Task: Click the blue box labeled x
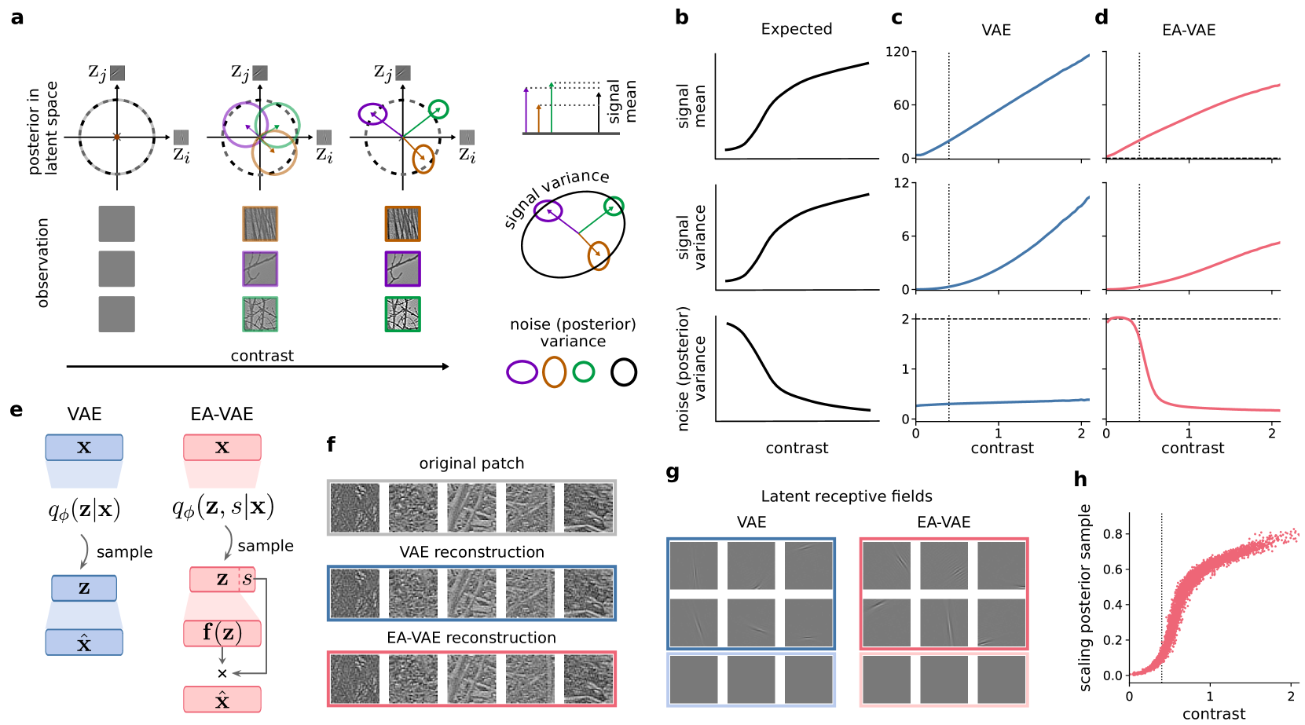(84, 447)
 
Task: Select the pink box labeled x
(222, 447)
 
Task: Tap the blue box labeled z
(84, 588)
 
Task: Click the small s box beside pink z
(247, 580)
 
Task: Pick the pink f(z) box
(222, 633)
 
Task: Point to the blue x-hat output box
(84, 643)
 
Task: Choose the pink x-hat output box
(222, 699)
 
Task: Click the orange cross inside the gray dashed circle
(117, 137)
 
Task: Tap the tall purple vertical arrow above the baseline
(526, 110)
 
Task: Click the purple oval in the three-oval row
(522, 372)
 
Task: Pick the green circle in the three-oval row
(584, 372)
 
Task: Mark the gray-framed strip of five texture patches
(471, 507)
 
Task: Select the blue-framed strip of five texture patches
(471, 593)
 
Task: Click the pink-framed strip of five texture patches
(471, 679)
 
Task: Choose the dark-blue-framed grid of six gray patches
(751, 594)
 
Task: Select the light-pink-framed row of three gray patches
(944, 679)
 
